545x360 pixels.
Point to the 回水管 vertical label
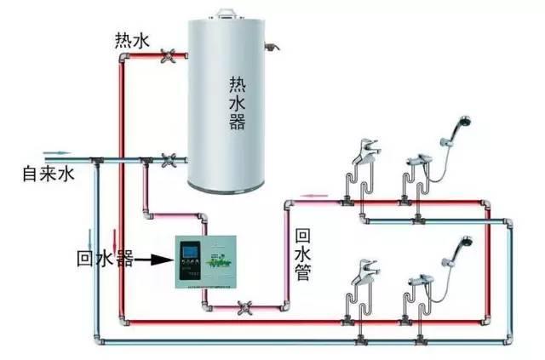302,252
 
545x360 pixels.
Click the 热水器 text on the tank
237,101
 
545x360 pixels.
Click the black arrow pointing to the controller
153,256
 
